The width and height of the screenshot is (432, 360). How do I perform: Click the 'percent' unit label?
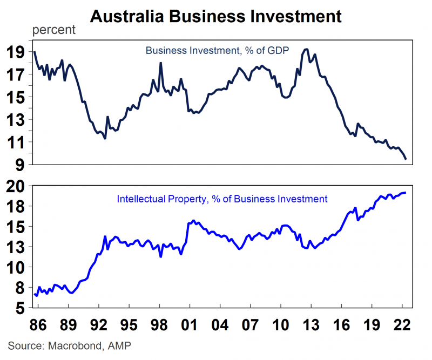[54, 30]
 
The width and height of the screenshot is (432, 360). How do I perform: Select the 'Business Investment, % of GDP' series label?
[217, 51]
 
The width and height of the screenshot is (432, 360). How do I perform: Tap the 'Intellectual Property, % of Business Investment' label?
[222, 199]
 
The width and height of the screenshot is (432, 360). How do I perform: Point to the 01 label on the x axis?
[189, 326]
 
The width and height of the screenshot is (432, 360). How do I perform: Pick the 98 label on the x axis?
[159, 326]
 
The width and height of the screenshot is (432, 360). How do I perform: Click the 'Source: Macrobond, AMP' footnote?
[62, 345]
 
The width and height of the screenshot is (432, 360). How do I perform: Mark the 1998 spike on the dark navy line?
[161, 63]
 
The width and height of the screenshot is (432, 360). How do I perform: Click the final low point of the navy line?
[406, 159]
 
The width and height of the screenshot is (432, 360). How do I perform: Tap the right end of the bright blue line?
[406, 193]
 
